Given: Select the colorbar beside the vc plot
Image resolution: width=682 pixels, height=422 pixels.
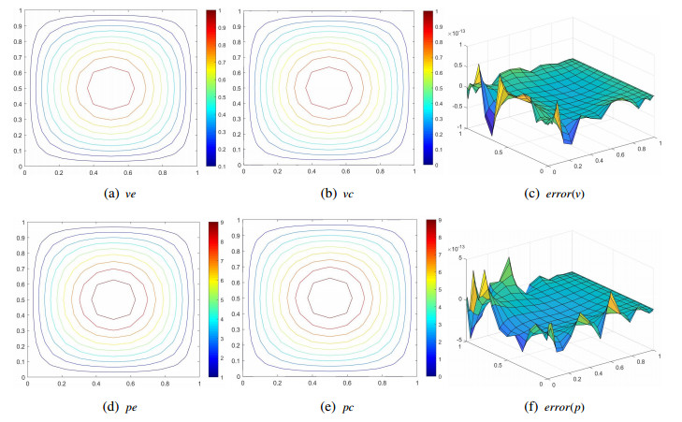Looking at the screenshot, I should click(428, 87).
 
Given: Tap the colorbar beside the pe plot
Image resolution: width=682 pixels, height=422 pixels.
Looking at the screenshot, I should click(213, 298).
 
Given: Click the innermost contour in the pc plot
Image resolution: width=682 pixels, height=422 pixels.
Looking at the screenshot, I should click(327, 300).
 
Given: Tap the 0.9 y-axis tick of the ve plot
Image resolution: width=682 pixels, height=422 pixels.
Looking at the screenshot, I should click(16, 25).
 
